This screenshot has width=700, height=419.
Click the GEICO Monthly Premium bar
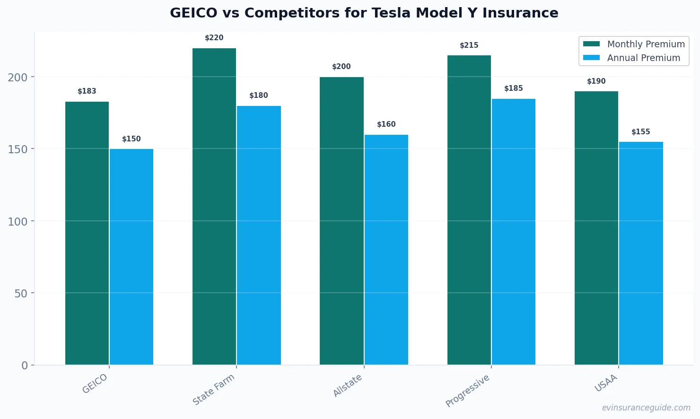[87, 233]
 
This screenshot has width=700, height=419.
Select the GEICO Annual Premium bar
[131, 257]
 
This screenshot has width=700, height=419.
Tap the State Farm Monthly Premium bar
[214, 206]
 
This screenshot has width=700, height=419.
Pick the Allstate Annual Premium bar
[386, 250]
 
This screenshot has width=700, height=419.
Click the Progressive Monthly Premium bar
[469, 210]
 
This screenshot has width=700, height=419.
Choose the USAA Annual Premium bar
[641, 253]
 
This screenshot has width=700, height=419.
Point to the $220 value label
[214, 38]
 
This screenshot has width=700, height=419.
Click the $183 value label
[87, 91]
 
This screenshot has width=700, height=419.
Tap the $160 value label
[386, 124]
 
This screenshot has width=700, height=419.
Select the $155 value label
[640, 132]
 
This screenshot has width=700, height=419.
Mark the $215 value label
[469, 45]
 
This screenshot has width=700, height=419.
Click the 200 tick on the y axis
[17, 78]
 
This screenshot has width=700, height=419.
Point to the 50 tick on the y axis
[21, 294]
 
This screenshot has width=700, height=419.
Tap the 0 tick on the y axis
[25, 366]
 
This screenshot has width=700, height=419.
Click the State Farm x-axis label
[214, 390]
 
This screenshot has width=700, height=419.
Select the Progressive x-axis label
[468, 391]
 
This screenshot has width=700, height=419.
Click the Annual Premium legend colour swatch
[591, 58]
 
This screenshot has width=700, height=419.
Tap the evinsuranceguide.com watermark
[646, 408]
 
